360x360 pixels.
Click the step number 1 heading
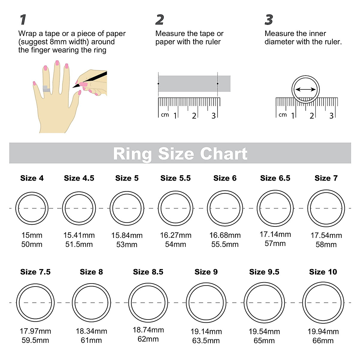point(23,20)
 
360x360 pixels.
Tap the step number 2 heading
point(160,20)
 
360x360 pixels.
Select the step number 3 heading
point(269,20)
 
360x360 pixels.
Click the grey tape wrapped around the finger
point(46,89)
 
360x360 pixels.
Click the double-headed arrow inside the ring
point(305,89)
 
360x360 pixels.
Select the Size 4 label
point(32,178)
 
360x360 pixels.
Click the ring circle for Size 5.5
point(175,208)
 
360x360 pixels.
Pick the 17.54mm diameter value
point(326,235)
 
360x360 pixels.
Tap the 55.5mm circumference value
point(225,244)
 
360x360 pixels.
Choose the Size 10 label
point(323,272)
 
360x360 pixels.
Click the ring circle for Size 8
point(91,303)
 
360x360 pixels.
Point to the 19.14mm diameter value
point(206,331)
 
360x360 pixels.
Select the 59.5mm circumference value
point(35,340)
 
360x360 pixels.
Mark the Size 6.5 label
point(275,178)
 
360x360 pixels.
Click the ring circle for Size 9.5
point(264,303)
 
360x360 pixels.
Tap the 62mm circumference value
point(148,339)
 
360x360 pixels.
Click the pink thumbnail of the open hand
point(79,93)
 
